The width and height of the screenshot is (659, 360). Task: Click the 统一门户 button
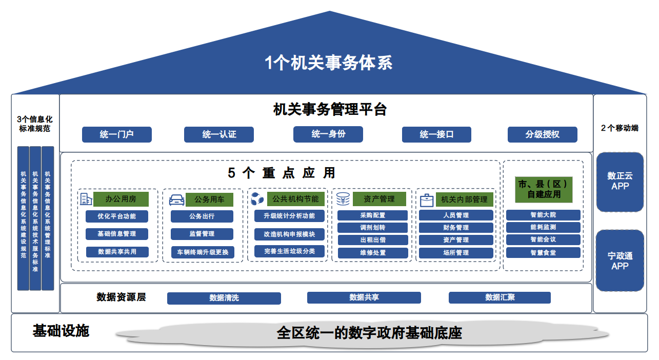[117, 134]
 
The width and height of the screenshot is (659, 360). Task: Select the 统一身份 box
[328, 134]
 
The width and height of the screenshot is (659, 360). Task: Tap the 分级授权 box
[542, 134]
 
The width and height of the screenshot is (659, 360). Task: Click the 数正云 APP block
[620, 182]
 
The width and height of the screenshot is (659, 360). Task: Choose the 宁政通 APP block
[620, 261]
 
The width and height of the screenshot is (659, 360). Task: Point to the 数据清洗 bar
[224, 298]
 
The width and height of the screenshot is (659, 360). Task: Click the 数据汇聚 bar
[500, 297]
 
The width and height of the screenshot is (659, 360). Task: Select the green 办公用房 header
[121, 199]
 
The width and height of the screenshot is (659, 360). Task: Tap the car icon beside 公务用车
[176, 199]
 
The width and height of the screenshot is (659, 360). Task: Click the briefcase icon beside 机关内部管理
[427, 199]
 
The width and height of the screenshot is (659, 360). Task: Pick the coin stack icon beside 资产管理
[343, 199]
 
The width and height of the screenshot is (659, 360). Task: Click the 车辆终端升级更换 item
[202, 252]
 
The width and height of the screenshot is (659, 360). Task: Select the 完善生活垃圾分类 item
[289, 251]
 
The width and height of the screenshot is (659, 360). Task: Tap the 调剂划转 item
[372, 228]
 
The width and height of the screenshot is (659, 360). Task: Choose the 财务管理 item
[456, 228]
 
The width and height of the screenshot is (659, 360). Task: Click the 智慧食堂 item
[543, 252]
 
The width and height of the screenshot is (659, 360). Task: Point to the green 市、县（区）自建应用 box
[543, 189]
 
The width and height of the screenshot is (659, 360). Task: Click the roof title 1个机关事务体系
[329, 63]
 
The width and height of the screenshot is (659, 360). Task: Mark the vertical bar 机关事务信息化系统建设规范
[23, 218]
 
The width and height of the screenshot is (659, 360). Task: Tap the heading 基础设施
[61, 331]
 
